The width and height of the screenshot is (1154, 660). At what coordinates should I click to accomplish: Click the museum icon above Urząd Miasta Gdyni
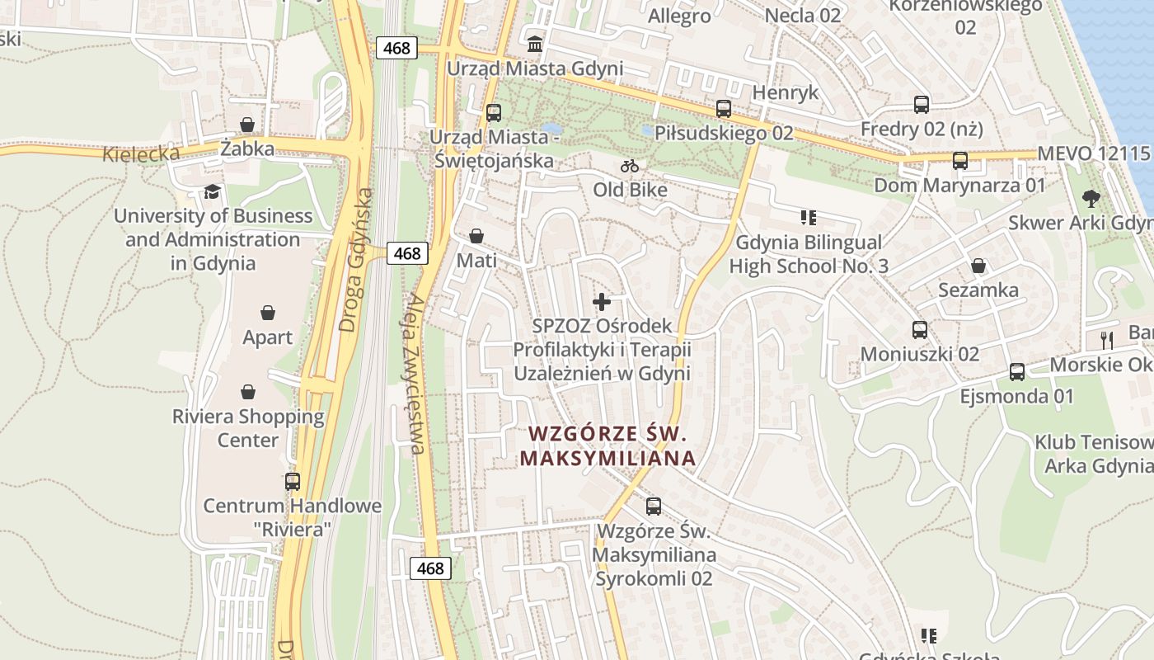coord(535,43)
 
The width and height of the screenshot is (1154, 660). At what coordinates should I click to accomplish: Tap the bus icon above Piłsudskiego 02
coord(723,108)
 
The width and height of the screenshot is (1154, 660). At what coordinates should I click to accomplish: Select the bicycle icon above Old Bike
coord(630,166)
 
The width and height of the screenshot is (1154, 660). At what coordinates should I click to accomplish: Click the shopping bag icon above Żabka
coord(246,125)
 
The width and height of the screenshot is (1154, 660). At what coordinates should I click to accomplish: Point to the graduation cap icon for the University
coord(213,191)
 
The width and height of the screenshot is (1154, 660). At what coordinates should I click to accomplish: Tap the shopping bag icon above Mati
coord(476,236)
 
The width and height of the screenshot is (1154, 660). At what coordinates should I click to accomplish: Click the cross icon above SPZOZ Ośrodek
coord(602,301)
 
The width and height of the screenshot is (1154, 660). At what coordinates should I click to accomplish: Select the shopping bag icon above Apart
coord(267,313)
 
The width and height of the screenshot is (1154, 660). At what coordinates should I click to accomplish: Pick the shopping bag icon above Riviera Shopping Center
coord(247,392)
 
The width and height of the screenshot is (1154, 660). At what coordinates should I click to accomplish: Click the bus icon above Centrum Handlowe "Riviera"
coord(293,481)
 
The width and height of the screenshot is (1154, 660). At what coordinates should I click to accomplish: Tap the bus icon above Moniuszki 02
coord(920,330)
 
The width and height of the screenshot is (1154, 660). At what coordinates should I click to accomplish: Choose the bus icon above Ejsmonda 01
coord(1017,372)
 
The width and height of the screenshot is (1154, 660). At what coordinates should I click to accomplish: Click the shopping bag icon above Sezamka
coord(978,266)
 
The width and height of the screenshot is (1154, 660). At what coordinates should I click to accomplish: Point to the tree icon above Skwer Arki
coord(1091,198)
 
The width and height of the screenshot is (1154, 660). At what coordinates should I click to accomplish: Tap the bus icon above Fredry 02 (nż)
coord(922,105)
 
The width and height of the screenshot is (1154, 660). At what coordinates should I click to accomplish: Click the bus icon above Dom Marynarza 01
coord(959,161)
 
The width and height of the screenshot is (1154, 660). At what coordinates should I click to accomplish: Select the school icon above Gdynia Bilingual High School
coord(808,218)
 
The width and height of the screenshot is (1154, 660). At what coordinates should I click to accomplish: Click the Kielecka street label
coord(141,153)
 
